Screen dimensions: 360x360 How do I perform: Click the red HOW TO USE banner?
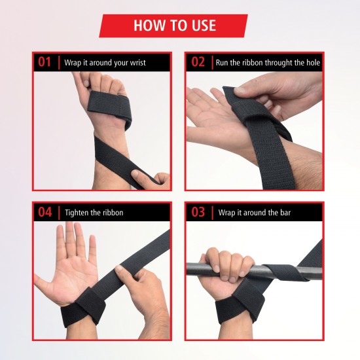pos(173,26)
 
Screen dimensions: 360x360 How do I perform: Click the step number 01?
pos(45,63)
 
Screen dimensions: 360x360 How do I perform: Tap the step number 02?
pos(198,63)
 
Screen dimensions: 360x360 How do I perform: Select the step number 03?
pos(198,212)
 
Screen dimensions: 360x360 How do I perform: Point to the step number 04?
pos(45,212)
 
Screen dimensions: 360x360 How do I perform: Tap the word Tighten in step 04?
pos(77,213)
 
